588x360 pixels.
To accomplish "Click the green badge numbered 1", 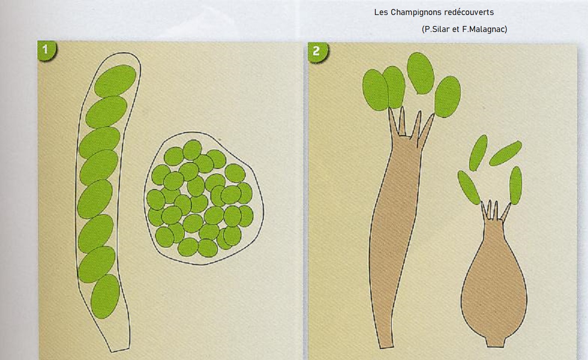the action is click(46, 50).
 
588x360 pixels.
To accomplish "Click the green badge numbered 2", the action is click(317, 51).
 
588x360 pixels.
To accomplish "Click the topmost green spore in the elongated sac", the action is click(115, 80).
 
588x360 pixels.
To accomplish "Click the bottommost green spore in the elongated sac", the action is click(105, 296).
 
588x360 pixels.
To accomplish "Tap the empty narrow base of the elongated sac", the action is click(119, 338).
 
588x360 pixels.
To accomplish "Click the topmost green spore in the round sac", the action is click(192, 150).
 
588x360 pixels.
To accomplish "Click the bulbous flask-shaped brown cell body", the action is click(494, 278).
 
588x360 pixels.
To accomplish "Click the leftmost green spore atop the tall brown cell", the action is click(375, 90).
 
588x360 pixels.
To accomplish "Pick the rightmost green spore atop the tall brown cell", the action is click(448, 96).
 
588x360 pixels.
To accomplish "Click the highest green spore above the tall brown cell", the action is click(420, 73).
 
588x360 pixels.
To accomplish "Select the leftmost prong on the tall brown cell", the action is click(393, 122).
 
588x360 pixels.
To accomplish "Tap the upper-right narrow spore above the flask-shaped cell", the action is click(506, 153).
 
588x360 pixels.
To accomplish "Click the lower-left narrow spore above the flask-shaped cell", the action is click(469, 187).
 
